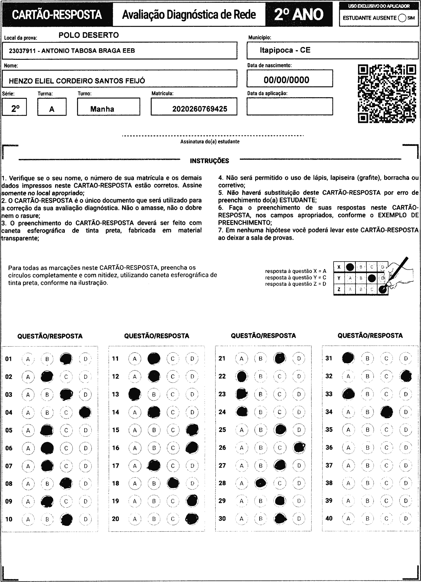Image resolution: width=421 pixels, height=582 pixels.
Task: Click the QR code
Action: tap(387, 94)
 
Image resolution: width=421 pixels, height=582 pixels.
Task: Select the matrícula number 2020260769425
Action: tap(200, 109)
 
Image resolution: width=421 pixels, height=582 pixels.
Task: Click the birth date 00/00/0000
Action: tap(286, 80)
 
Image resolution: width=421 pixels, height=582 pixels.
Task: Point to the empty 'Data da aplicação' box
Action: tap(290, 106)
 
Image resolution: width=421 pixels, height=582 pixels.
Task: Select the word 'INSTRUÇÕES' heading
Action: tap(209, 161)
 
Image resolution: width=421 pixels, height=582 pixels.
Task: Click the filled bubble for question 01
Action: tap(66, 359)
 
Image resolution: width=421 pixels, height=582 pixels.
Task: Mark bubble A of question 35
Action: tap(348, 430)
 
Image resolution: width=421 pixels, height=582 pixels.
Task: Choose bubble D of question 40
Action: tap(406, 519)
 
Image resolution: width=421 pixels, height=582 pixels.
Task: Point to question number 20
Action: tap(115, 519)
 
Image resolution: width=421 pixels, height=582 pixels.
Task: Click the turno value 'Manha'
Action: tap(102, 109)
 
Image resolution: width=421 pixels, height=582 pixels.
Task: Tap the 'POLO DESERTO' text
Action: tap(89, 35)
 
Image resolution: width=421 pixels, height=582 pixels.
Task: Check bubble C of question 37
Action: tap(386, 465)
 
